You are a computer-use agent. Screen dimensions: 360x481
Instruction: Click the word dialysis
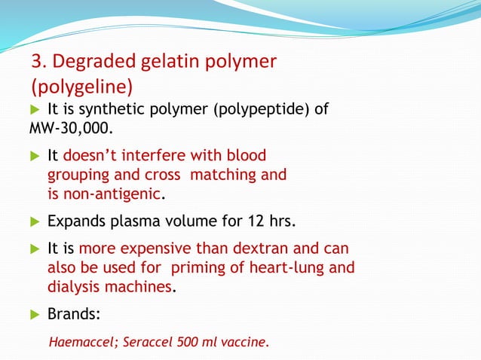click(75, 286)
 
